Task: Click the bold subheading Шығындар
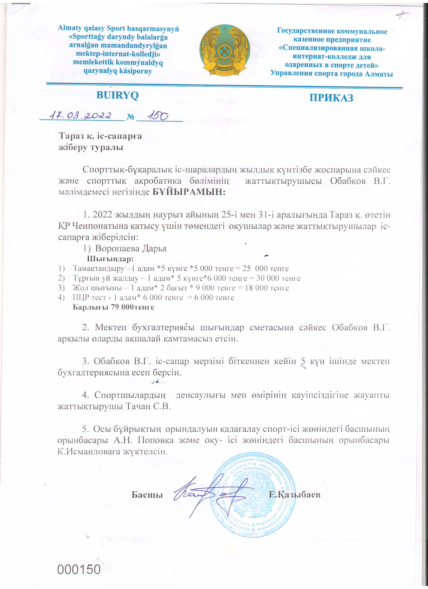tap(110, 259)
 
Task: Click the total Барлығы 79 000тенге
tap(113, 307)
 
